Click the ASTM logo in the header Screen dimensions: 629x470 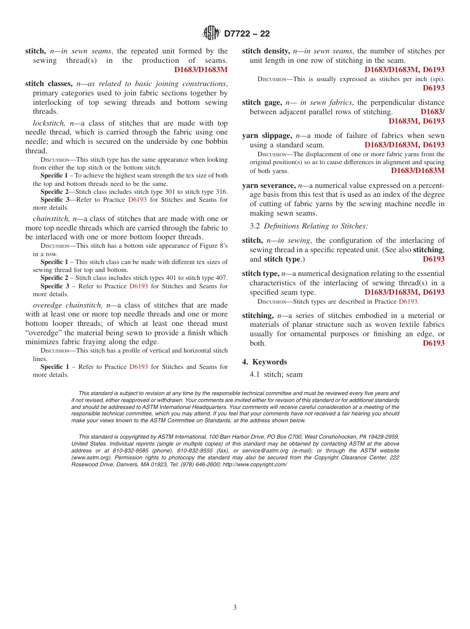(x=211, y=33)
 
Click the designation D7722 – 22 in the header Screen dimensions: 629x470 (x=247, y=34)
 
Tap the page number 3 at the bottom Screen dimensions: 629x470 (x=235, y=608)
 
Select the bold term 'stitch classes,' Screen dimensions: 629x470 (x=49, y=84)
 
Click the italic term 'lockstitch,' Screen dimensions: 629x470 (x=48, y=123)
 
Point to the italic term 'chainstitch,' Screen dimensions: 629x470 (x=51, y=218)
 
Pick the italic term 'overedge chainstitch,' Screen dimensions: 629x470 (x=68, y=305)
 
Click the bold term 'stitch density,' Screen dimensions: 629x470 (x=266, y=51)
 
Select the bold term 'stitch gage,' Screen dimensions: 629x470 (x=262, y=103)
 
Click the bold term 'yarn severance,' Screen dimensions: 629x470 (x=269, y=185)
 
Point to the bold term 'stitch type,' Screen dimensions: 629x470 (x=260, y=273)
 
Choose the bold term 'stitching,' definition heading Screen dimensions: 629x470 (x=258, y=315)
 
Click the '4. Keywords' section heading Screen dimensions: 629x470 (x=264, y=362)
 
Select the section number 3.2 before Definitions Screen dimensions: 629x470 (x=255, y=226)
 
